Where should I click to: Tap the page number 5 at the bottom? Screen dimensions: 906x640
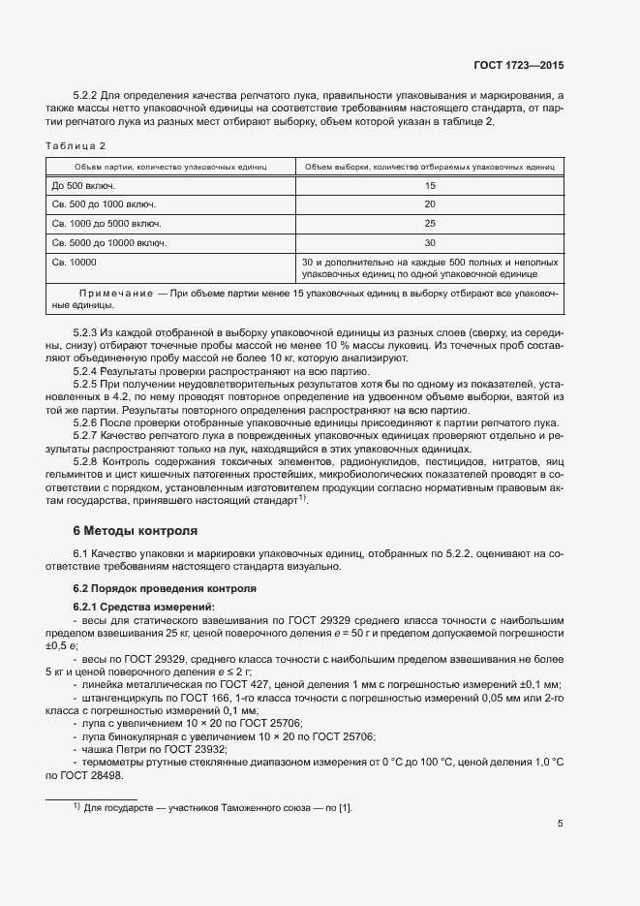pyautogui.click(x=561, y=824)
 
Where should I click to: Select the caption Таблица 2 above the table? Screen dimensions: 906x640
pyautogui.click(x=77, y=145)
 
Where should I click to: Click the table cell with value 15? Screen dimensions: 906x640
pyautogui.click(x=430, y=185)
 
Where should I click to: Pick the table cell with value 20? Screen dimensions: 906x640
pyautogui.click(x=430, y=204)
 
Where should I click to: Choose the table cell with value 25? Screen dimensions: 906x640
pyautogui.click(x=430, y=224)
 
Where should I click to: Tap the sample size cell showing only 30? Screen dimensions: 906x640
pyautogui.click(x=430, y=243)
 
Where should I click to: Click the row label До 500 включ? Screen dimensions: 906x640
pyautogui.click(x=83, y=185)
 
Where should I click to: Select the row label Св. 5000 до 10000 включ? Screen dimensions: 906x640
pyautogui.click(x=108, y=243)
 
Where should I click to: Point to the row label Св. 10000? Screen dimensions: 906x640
pyautogui.click(x=74, y=263)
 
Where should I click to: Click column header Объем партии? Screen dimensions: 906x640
pyautogui.click(x=168, y=167)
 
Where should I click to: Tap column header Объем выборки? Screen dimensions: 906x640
pyautogui.click(x=430, y=167)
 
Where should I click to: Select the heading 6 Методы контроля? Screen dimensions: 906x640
pyautogui.click(x=136, y=531)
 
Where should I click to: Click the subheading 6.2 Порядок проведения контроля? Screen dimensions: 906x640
pyautogui.click(x=165, y=588)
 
